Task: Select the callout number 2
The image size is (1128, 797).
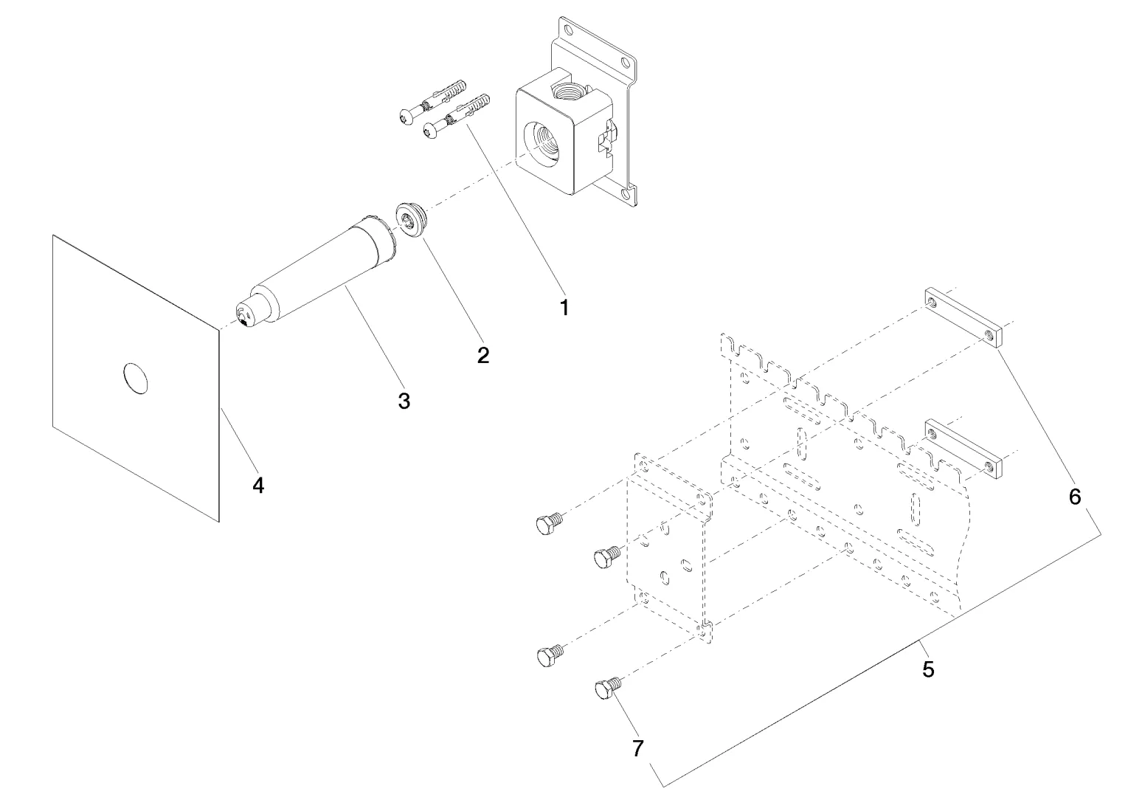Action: pos(483,355)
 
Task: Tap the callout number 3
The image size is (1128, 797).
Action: pos(404,401)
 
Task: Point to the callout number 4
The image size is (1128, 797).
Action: pos(257,485)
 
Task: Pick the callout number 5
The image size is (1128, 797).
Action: pos(928,669)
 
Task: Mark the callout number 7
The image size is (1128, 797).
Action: pos(638,748)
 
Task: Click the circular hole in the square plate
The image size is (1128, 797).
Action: pos(135,377)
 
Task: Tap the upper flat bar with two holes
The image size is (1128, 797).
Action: pos(962,318)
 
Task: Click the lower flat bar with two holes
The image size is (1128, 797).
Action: pos(962,449)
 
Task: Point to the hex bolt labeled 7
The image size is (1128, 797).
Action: pos(605,690)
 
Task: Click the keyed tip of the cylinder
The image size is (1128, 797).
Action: pos(244,315)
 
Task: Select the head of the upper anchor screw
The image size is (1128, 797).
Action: pos(404,116)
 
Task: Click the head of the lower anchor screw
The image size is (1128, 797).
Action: pos(429,131)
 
